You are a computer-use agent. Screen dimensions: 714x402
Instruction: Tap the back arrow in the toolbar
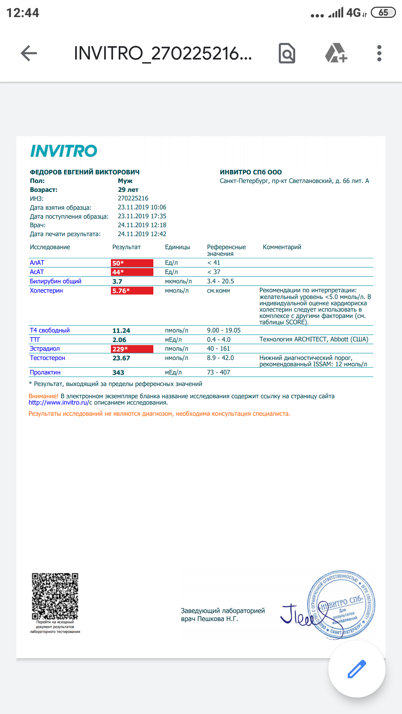[x=29, y=53]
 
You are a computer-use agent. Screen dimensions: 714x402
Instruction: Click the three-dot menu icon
[x=379, y=53]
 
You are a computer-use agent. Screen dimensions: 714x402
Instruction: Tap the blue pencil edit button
[x=357, y=669]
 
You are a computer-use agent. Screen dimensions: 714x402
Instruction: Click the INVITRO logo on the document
[x=64, y=151]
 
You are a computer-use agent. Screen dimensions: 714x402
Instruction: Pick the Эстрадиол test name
[x=45, y=349]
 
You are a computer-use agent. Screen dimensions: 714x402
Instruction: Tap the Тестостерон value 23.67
[x=121, y=358]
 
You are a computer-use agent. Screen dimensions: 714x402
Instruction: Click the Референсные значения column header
[x=226, y=250]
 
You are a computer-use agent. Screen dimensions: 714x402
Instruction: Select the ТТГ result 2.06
[x=119, y=340]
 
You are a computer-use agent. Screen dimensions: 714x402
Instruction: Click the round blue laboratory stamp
[x=341, y=604]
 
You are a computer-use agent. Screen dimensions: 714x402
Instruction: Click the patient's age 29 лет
[x=128, y=190]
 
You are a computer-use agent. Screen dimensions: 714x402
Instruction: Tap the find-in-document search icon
[x=287, y=53]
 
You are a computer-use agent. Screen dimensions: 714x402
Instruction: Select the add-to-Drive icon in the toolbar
[x=336, y=53]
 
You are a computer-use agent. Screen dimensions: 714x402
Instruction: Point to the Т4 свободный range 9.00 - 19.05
[x=224, y=331]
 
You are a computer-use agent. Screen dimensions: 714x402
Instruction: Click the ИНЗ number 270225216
[x=133, y=199]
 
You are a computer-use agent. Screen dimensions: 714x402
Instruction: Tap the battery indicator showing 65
[x=383, y=13]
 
